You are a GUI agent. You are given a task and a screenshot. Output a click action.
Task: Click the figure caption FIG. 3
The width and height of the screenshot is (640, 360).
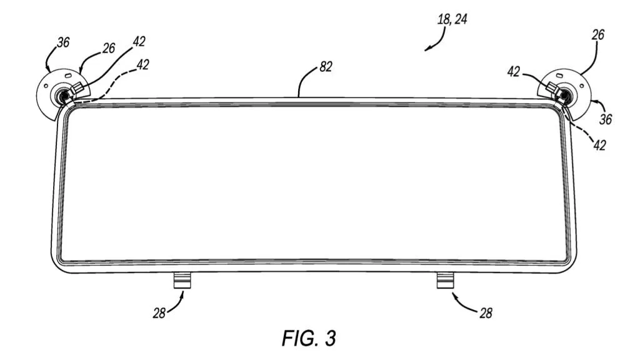[x=309, y=338]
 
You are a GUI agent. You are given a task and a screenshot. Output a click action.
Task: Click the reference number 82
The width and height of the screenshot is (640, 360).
[x=326, y=66]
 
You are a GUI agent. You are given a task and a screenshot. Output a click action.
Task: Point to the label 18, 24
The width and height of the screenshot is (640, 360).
[x=452, y=19]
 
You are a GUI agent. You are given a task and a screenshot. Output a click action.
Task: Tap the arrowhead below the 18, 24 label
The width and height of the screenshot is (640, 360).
[x=427, y=49]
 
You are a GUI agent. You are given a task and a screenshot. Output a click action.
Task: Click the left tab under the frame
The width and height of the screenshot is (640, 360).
[x=182, y=281]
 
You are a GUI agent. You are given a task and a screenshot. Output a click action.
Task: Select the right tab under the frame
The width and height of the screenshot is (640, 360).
[x=445, y=281]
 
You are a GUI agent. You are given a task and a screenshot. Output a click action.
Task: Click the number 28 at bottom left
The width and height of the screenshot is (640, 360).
[x=159, y=313]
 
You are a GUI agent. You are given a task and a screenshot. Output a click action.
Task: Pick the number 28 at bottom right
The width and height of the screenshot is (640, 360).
[x=486, y=313]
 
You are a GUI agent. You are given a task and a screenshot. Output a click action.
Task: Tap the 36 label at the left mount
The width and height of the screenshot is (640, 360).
[x=63, y=42]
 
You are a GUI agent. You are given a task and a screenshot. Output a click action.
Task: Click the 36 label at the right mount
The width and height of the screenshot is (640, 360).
[x=606, y=119]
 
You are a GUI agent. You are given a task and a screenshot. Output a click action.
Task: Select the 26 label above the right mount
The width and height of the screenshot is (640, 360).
[x=597, y=35]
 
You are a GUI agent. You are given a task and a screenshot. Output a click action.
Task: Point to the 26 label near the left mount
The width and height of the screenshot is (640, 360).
[x=109, y=48]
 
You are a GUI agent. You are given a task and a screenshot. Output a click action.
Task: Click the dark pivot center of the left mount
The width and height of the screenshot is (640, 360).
[x=64, y=96]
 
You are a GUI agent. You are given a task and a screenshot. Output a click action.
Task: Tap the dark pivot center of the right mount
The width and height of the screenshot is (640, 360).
[x=564, y=95]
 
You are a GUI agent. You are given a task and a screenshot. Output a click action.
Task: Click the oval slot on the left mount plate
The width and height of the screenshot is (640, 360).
[x=67, y=75]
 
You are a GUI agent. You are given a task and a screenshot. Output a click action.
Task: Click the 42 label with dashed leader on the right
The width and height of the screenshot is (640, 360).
[x=599, y=145]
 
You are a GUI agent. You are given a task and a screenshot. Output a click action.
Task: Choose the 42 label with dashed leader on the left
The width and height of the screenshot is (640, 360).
[x=142, y=64]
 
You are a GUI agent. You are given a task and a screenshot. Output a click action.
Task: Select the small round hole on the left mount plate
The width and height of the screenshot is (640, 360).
[x=46, y=86]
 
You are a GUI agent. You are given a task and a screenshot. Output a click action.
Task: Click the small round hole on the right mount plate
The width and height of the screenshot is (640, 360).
[x=581, y=86]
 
